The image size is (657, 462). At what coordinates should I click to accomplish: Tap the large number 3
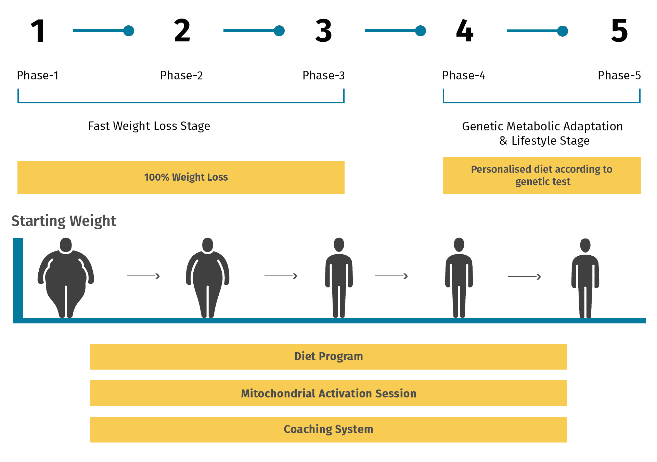pos(323,31)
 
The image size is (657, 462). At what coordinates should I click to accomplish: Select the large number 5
pos(619,31)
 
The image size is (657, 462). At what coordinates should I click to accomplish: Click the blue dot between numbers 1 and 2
pos(129,31)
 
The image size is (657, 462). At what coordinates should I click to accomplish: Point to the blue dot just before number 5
pos(563,31)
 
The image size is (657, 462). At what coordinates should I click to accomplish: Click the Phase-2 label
pos(181,75)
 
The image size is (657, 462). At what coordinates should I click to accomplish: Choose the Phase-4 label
pos(464,75)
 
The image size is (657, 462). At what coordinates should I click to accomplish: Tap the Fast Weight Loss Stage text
pos(149,126)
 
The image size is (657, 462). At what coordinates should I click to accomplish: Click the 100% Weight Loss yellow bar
pos(181,177)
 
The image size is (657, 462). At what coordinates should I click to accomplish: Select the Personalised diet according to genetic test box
pos(542,176)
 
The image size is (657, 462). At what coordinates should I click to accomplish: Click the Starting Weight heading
pos(64,221)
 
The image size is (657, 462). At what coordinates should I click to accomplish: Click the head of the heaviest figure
pos(66,245)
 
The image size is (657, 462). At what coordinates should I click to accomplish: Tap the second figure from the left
pos(208,277)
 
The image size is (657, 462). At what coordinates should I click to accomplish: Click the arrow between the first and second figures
pos(143,276)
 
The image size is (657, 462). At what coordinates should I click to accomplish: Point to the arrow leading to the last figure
pos(525,277)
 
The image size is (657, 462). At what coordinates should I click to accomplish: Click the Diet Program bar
pos(328,357)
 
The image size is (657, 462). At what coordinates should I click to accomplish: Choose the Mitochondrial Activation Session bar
pos(328,393)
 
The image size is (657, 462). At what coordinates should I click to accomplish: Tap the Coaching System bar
pos(328,429)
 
